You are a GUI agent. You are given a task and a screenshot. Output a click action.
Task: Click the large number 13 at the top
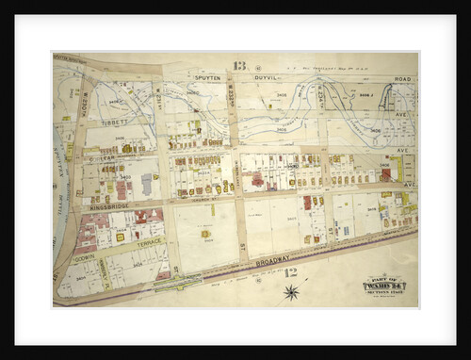tap(239, 66)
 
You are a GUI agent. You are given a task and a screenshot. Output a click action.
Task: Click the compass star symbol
tap(291, 292)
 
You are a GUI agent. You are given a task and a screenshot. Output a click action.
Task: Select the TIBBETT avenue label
tap(116, 122)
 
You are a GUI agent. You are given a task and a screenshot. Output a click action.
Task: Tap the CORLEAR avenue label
tap(104, 159)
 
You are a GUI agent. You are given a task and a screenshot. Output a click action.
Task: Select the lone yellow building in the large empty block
tap(205, 233)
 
